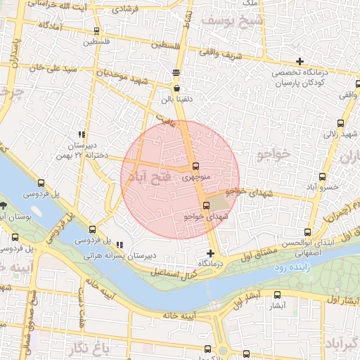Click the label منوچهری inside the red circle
198,178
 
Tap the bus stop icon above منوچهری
195,167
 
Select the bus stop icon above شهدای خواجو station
206,205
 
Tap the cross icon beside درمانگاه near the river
210,253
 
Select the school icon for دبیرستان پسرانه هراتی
120,245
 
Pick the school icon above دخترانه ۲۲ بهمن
82,134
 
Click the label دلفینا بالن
176,100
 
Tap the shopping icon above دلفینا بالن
176,89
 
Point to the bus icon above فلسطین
96,31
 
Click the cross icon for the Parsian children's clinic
301,61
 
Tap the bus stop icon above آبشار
277,295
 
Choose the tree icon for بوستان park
4,205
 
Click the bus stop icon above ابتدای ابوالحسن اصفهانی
307,232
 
